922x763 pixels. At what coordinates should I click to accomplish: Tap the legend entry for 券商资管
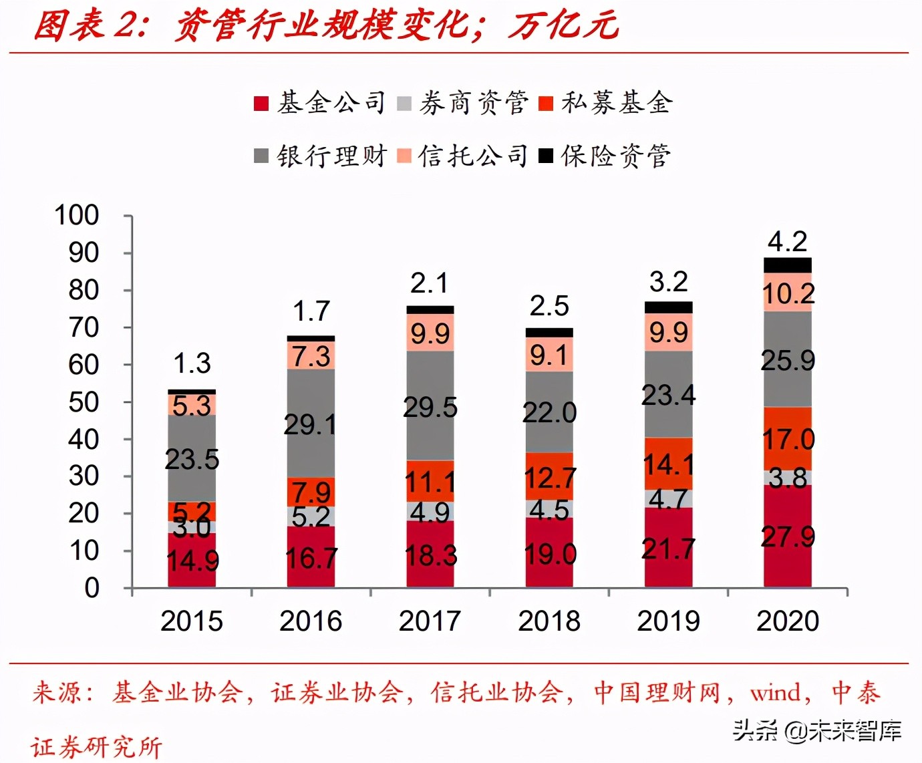point(463,103)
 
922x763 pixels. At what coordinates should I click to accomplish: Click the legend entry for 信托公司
point(463,156)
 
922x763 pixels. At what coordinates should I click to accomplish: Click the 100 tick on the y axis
point(77,216)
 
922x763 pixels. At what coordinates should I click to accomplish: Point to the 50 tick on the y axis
point(84,403)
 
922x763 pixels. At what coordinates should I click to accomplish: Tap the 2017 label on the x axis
point(430,621)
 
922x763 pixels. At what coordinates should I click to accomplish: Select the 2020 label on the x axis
point(788,621)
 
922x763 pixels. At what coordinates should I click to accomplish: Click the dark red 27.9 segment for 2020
point(788,537)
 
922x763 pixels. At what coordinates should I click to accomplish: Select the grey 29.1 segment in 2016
point(311,423)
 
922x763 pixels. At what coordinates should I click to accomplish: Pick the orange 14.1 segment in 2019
point(668,464)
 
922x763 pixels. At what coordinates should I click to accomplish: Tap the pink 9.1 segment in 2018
point(549,355)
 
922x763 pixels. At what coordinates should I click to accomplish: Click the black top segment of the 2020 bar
point(788,265)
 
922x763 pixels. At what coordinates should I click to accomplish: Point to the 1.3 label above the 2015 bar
point(192,364)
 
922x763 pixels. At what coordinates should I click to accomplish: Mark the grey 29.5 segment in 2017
point(430,406)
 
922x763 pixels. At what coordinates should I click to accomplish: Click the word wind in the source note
point(775,693)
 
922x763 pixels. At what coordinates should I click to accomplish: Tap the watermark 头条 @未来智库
point(817,730)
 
